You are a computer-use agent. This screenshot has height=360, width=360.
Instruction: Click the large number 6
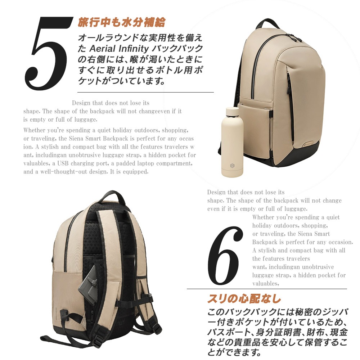224,256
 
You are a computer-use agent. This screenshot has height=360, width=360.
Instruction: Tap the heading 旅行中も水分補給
121,22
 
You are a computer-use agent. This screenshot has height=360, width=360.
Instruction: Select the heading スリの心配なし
244,299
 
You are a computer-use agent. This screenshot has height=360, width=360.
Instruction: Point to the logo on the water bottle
232,166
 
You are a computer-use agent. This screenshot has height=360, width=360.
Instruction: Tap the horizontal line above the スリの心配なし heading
266,289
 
